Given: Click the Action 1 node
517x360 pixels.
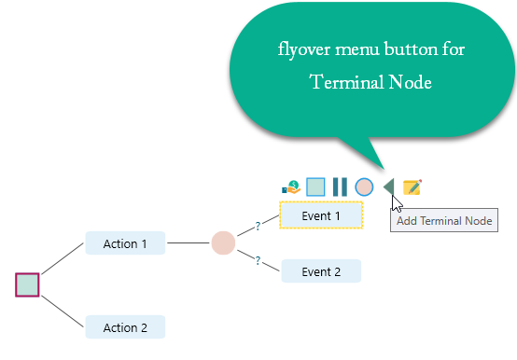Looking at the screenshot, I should tap(125, 244).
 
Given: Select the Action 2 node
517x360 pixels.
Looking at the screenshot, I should tap(125, 327).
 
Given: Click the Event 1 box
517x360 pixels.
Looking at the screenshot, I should tap(320, 215).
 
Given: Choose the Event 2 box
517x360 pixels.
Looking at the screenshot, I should tap(320, 271).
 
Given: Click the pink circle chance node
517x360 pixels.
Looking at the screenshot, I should tap(223, 243).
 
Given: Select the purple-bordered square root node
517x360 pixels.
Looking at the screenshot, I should tap(27, 284).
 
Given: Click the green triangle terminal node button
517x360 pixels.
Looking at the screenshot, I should tap(388, 187).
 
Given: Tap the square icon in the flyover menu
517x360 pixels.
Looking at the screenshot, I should tap(315, 187).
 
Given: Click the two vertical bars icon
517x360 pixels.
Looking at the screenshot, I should tap(340, 187).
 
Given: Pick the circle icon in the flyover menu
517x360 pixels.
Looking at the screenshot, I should tap(364, 187).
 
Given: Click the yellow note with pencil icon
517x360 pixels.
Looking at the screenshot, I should tap(412, 187).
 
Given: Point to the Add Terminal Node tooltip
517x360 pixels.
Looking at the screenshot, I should tap(443, 221).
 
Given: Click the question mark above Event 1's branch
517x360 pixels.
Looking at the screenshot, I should tap(257, 225).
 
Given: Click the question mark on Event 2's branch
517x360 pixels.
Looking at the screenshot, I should tap(257, 261).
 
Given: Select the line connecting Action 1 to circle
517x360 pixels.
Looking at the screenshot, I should tap(189, 244).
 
